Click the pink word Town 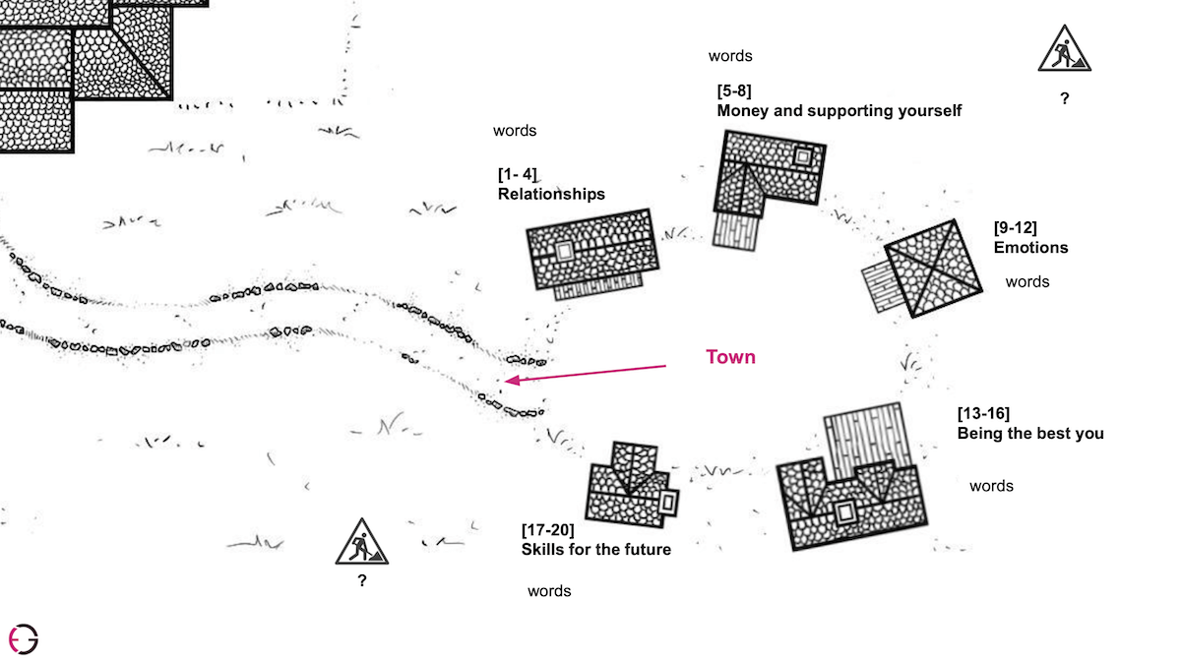(730, 357)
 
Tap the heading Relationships (551, 195)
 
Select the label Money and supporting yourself (839, 111)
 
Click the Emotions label (1030, 248)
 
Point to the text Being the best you (1030, 433)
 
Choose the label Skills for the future (595, 549)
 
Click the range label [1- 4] (518, 175)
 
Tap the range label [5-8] (734, 91)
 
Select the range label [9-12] (1015, 228)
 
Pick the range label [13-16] (983, 413)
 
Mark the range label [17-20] (547, 530)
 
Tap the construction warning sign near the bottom (361, 542)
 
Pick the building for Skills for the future (630, 488)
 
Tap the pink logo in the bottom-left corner (23, 638)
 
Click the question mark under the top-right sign (1064, 99)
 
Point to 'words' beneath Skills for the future (549, 591)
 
